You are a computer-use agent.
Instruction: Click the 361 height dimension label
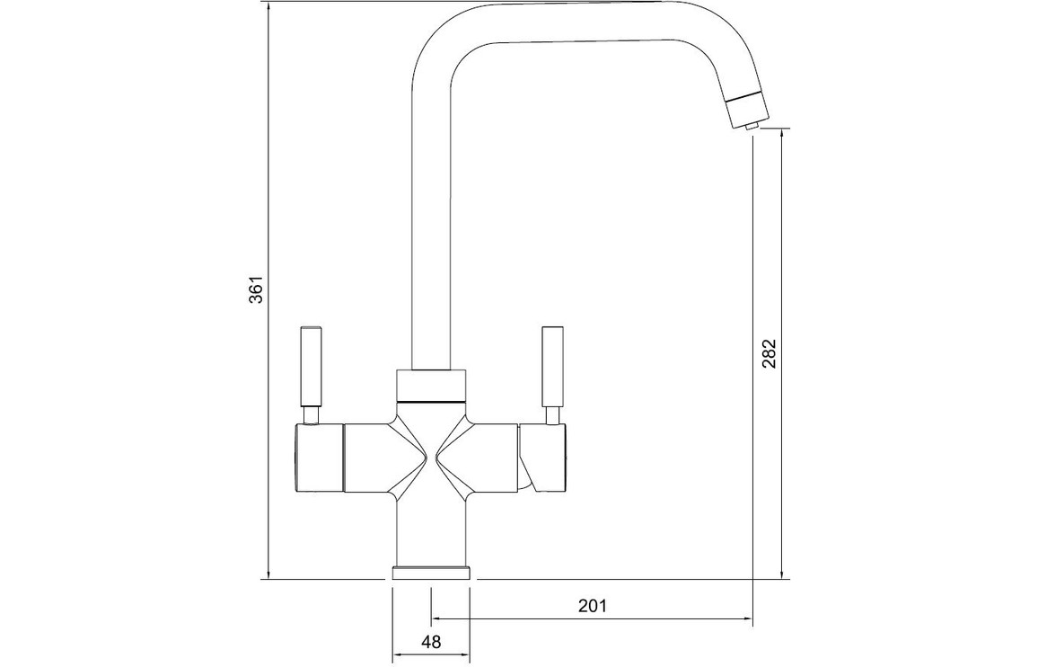(256, 289)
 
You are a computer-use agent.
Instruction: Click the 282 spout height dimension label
(768, 354)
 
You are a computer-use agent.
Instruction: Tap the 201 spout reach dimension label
(593, 605)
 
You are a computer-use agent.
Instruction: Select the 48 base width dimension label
(431, 642)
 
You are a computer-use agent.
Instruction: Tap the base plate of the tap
(431, 573)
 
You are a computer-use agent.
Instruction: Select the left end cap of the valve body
(318, 458)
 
